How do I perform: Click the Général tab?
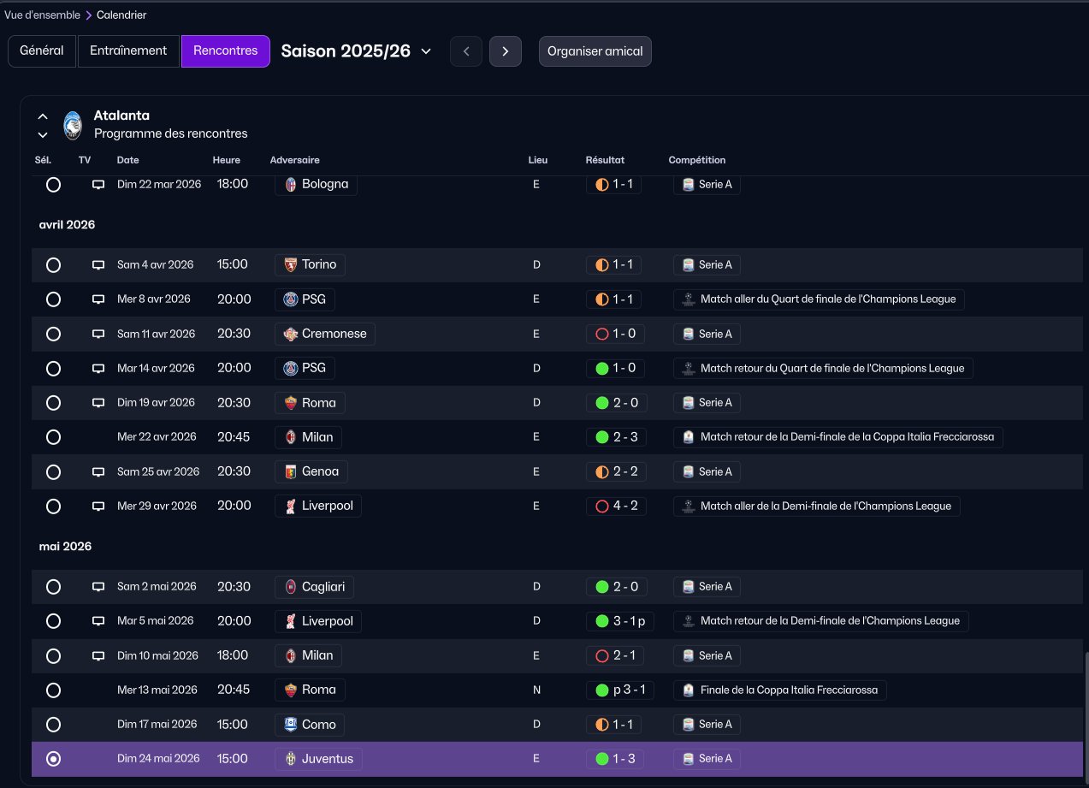(x=42, y=50)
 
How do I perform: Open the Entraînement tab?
(x=128, y=50)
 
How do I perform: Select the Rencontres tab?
(x=226, y=50)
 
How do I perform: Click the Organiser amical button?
(x=595, y=51)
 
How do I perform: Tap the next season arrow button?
(x=505, y=51)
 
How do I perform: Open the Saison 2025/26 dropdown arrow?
(x=426, y=51)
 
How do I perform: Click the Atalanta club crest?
(x=73, y=125)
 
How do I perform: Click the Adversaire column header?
(x=294, y=160)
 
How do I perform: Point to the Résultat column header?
(x=605, y=160)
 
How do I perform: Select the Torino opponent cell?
(x=311, y=265)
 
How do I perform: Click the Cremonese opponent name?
(x=334, y=334)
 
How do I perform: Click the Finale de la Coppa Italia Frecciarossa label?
(x=789, y=690)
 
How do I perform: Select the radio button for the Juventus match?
(x=54, y=759)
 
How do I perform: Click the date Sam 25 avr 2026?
(x=158, y=471)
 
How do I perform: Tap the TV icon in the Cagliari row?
(x=98, y=587)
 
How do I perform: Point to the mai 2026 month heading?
(x=65, y=547)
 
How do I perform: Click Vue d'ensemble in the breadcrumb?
(x=42, y=15)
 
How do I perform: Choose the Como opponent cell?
(x=310, y=725)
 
